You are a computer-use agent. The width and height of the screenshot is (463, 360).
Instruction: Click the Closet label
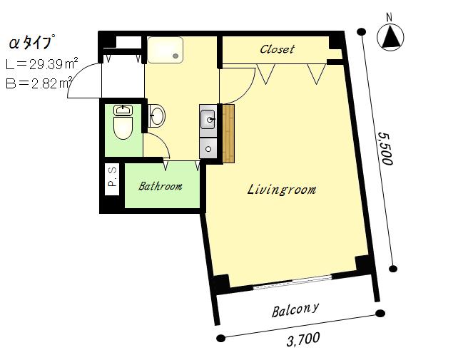tap(277, 49)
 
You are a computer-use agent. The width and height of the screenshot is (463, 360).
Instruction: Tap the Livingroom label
tap(281, 190)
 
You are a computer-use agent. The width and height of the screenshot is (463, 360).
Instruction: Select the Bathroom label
tap(161, 186)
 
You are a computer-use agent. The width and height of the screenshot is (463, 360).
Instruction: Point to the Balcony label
tap(295, 310)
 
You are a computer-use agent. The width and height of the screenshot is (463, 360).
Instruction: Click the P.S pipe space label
tap(112, 179)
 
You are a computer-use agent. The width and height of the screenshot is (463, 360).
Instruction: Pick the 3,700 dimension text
tap(303, 339)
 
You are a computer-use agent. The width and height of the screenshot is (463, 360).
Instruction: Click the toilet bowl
tap(123, 128)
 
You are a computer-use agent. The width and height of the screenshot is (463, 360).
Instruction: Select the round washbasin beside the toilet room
tap(156, 115)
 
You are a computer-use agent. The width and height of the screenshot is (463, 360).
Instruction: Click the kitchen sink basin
tap(208, 119)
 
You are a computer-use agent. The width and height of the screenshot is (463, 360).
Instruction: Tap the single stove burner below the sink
tap(208, 149)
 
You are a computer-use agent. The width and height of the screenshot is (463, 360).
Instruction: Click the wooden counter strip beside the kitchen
tap(228, 133)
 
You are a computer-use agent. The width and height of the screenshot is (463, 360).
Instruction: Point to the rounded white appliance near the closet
tap(165, 50)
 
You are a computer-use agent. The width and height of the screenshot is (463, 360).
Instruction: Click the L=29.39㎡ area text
tap(42, 64)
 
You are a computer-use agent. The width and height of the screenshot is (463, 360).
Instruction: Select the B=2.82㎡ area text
tap(39, 83)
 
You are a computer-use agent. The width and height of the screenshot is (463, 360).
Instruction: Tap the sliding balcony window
tap(292, 282)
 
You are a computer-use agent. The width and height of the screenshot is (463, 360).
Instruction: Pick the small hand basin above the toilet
tap(123, 110)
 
